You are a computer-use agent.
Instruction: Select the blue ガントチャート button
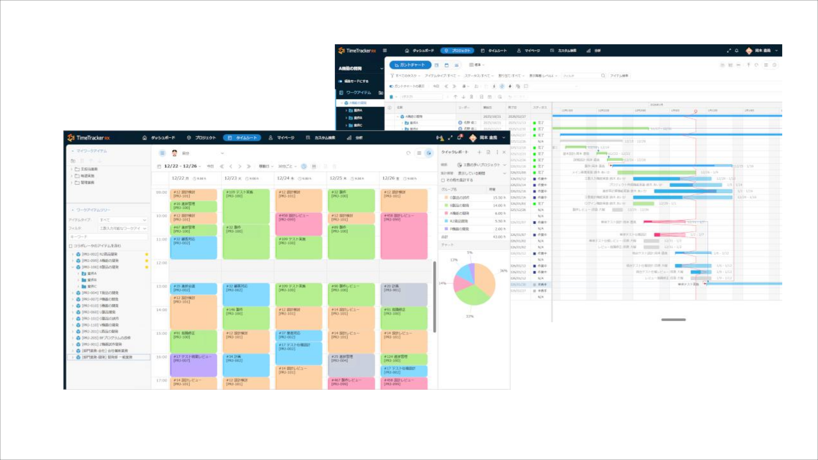click(x=410, y=65)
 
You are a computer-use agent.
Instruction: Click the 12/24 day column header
click(x=286, y=178)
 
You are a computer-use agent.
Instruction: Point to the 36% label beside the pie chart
click(x=503, y=271)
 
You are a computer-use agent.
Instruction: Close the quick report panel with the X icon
click(x=504, y=152)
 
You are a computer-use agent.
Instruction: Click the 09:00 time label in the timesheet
click(x=161, y=192)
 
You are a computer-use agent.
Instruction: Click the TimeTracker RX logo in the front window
click(x=89, y=138)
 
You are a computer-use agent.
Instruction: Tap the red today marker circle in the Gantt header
click(x=696, y=111)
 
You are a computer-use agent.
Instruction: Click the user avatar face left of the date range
click(x=174, y=153)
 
